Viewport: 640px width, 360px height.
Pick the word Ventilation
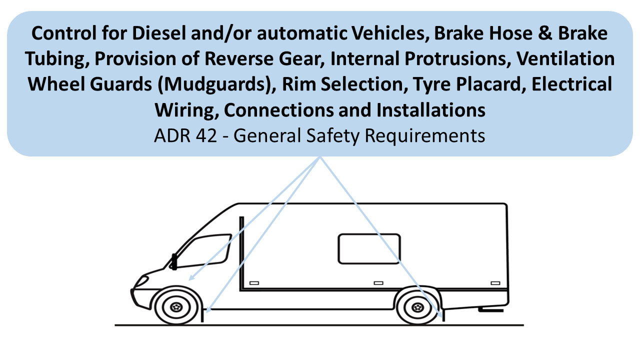click(565, 59)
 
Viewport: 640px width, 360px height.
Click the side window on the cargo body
click(369, 248)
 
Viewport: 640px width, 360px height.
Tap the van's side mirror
click(174, 261)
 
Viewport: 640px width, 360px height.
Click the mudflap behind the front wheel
click(203, 314)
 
